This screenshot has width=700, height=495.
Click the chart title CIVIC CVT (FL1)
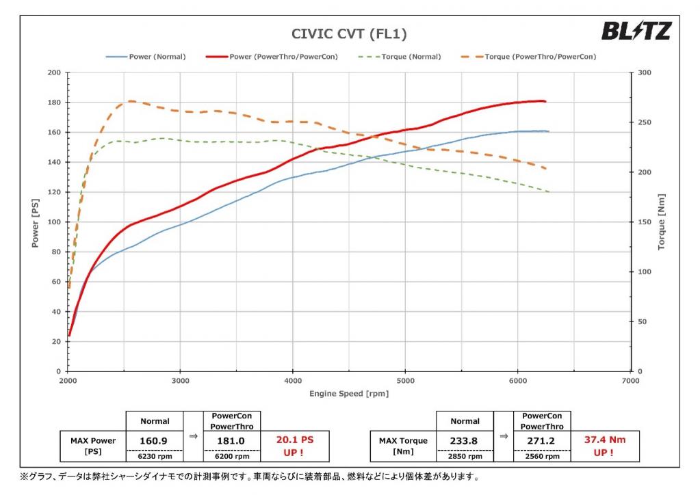tap(350, 34)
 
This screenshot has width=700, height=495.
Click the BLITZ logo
tap(636, 31)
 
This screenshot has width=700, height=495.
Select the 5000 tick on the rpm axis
tap(406, 380)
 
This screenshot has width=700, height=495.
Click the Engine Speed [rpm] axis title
tap(349, 394)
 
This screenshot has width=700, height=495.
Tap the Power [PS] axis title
tap(35, 222)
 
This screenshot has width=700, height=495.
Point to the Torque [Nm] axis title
tap(662, 222)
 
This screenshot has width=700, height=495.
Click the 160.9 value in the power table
tap(155, 441)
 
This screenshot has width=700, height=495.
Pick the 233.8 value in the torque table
tap(465, 441)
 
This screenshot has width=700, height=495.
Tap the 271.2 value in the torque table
tap(542, 441)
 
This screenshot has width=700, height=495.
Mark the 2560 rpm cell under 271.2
tap(542, 456)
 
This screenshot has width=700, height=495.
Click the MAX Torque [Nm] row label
tap(403, 446)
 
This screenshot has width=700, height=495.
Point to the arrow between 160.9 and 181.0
tap(193, 435)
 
